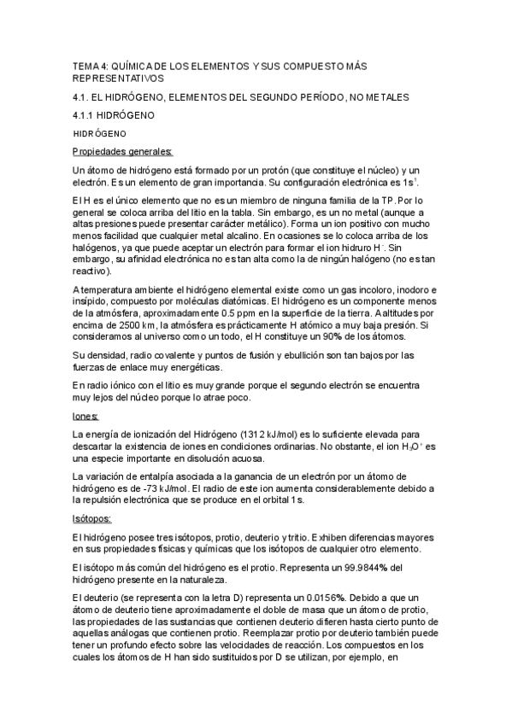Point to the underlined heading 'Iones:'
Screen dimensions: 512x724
(x=85, y=417)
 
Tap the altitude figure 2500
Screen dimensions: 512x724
(x=130, y=326)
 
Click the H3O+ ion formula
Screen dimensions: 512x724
(x=411, y=447)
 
